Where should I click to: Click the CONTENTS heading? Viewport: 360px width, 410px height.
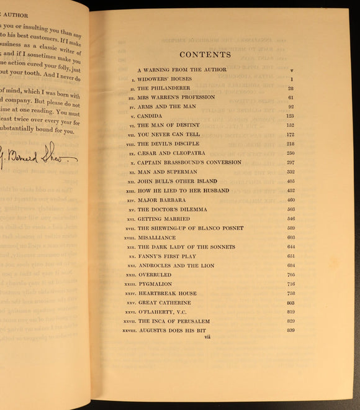click(x=209, y=55)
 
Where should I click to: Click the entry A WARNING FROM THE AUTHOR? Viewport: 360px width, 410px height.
click(x=182, y=70)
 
